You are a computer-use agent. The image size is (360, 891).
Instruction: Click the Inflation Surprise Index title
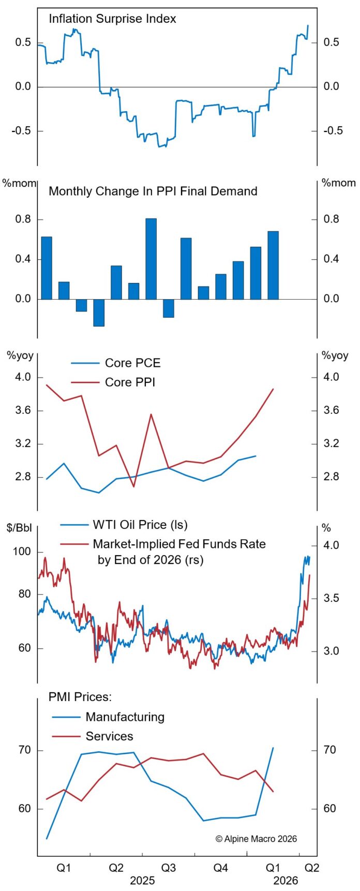pos(112,19)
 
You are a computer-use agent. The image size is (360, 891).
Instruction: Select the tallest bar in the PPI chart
pos(151,259)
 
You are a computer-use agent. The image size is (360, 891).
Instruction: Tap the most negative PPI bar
pos(99,313)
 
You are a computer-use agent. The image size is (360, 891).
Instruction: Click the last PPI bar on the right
pos(273,265)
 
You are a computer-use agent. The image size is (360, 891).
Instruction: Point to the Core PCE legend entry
pos(132,363)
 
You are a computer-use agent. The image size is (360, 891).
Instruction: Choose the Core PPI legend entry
pos(130,382)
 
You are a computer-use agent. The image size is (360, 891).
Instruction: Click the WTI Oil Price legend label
pos(140,525)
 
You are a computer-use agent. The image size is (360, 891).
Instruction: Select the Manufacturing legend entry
pos(125,717)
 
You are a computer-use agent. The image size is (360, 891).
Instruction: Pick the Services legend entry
pos(109,736)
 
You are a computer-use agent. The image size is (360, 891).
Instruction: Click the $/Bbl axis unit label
pos(18,528)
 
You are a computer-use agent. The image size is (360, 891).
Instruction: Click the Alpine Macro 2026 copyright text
pos(256,839)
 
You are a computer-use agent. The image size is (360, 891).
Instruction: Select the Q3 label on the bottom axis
pos(168,868)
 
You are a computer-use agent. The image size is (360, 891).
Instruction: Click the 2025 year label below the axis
pos(142,881)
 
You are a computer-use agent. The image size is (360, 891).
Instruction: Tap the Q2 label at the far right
pos(311,868)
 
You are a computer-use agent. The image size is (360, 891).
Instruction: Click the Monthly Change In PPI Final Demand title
pos(153,191)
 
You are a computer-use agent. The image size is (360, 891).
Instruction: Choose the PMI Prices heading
pos(80,697)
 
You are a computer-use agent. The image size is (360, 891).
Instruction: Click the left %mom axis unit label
pos(19,183)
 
